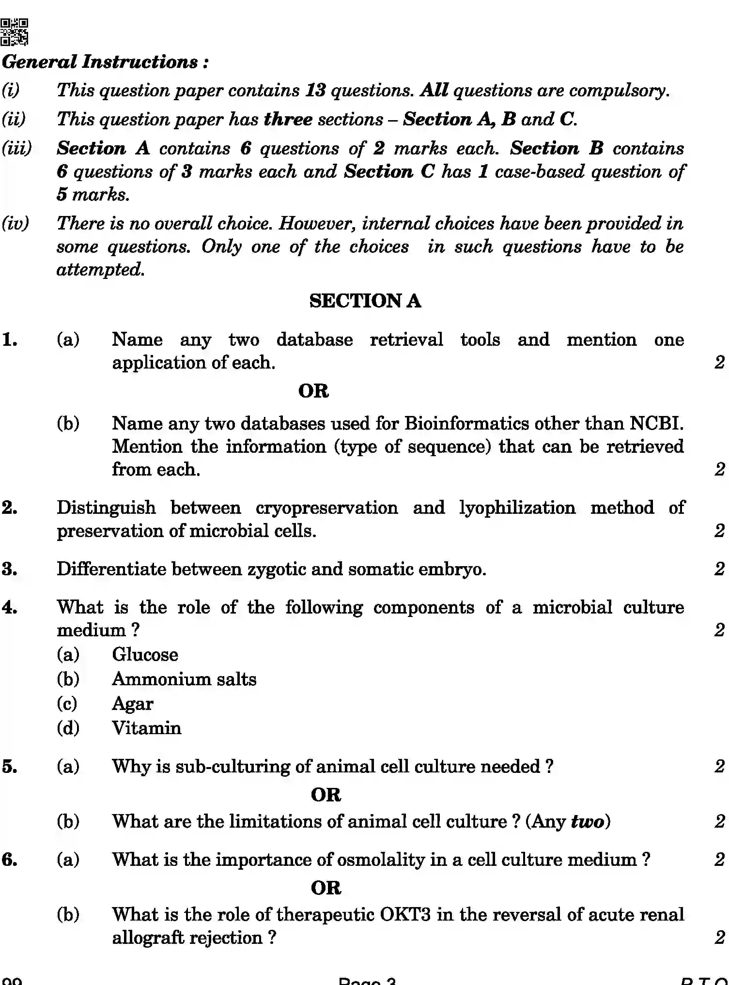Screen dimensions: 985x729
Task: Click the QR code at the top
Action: click(15, 32)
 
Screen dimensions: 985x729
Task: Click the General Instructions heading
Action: click(105, 62)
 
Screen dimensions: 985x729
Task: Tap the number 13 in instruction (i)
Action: click(315, 91)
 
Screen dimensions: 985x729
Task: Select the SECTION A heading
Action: click(365, 301)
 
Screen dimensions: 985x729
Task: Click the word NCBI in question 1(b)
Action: click(656, 424)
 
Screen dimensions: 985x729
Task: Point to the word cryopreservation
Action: click(326, 508)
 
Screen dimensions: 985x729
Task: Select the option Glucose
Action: click(145, 655)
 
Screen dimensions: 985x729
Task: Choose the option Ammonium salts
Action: click(184, 679)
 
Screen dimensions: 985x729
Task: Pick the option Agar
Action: click(132, 704)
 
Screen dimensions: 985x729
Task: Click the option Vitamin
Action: click(146, 728)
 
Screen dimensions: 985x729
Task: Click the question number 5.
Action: click(10, 767)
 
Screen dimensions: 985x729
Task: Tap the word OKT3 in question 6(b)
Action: click(405, 915)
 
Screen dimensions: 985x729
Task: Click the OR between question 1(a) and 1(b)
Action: click(313, 391)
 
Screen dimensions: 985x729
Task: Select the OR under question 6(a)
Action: click(326, 888)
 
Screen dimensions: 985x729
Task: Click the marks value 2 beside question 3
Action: click(719, 569)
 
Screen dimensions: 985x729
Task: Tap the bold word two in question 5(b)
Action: click(587, 822)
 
